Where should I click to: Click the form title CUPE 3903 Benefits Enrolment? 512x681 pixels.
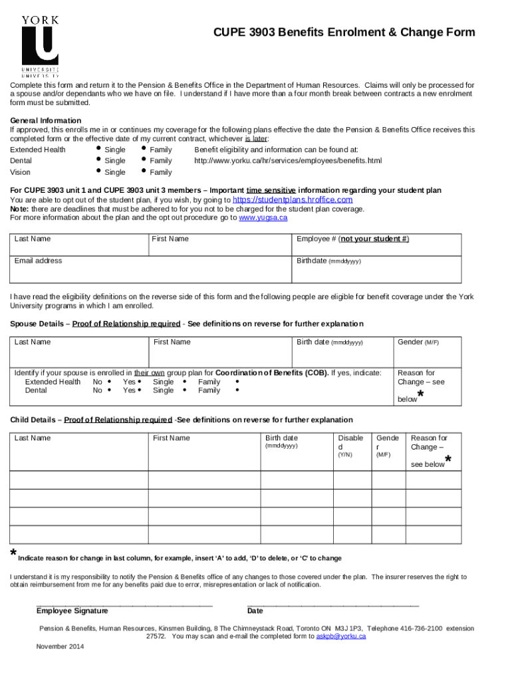pos(344,33)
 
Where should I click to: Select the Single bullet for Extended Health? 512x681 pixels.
pos(98,149)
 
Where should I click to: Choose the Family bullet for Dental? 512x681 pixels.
pos(143,160)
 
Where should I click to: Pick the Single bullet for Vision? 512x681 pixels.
pos(98,172)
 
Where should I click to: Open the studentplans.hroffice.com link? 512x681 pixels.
pos(292,200)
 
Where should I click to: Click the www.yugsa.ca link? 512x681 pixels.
pos(263,217)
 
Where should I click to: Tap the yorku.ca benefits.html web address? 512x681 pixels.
pos(288,161)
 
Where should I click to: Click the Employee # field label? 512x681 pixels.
pos(352,239)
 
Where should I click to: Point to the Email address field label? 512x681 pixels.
pos(38,261)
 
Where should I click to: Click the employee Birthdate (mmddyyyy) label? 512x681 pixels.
pos(328,261)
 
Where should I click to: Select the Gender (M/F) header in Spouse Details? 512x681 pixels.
pos(418,342)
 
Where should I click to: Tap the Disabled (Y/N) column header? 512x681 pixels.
pos(350,442)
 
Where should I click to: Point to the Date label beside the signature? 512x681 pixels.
pos(255,611)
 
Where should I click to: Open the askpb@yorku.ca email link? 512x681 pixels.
pos(341,636)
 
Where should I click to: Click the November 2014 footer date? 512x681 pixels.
pos(61,646)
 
